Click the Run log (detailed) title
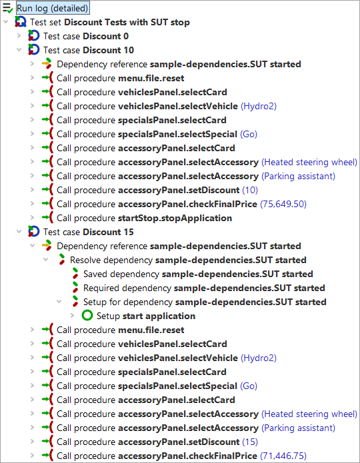(52, 8)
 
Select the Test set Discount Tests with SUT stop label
(110, 22)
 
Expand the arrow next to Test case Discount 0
(19, 36)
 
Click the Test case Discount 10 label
(89, 50)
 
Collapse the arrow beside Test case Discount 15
(19, 232)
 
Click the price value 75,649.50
(283, 204)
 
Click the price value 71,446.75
(283, 456)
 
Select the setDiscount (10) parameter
(250, 190)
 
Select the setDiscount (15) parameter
(250, 442)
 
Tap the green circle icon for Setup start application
(87, 315)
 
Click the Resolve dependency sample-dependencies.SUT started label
(188, 260)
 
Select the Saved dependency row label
(198, 274)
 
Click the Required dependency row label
(204, 288)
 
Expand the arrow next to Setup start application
(73, 316)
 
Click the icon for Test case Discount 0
(34, 36)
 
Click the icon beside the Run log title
(7, 8)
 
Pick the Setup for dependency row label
(205, 302)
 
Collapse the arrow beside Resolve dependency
(46, 260)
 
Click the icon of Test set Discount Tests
(21, 22)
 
